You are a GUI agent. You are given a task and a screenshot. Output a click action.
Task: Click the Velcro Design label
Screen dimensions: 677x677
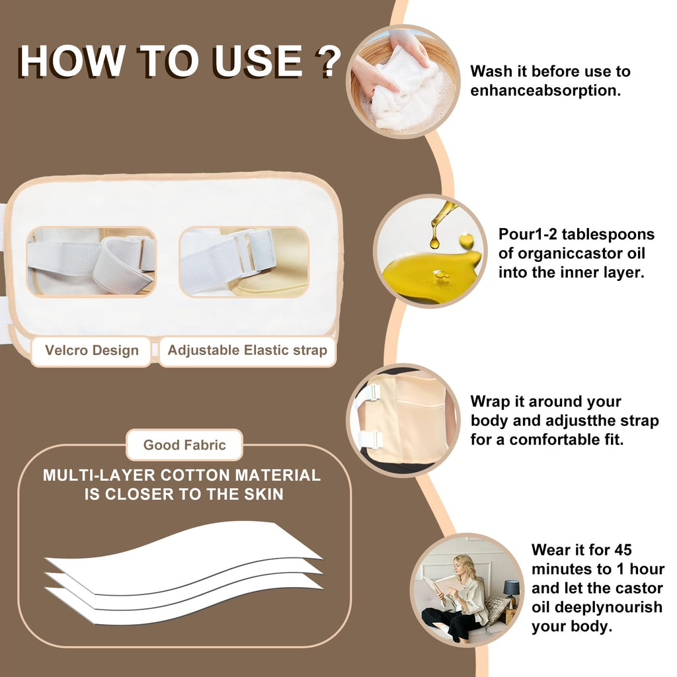[91, 350]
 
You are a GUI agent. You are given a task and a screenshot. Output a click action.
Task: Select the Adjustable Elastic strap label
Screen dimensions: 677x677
[247, 350]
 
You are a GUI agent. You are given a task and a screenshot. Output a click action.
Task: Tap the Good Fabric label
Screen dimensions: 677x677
[184, 445]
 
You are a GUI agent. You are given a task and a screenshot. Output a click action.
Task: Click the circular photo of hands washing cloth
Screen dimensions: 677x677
[403, 82]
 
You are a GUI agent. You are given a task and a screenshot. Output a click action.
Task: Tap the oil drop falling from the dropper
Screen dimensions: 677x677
[434, 242]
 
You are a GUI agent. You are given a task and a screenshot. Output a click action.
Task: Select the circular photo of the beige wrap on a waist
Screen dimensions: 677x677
[403, 420]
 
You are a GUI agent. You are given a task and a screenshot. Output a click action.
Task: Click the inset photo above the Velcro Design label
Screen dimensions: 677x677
[91, 262]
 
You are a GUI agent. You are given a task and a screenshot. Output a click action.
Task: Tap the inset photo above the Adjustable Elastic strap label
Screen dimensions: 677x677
[245, 262]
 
